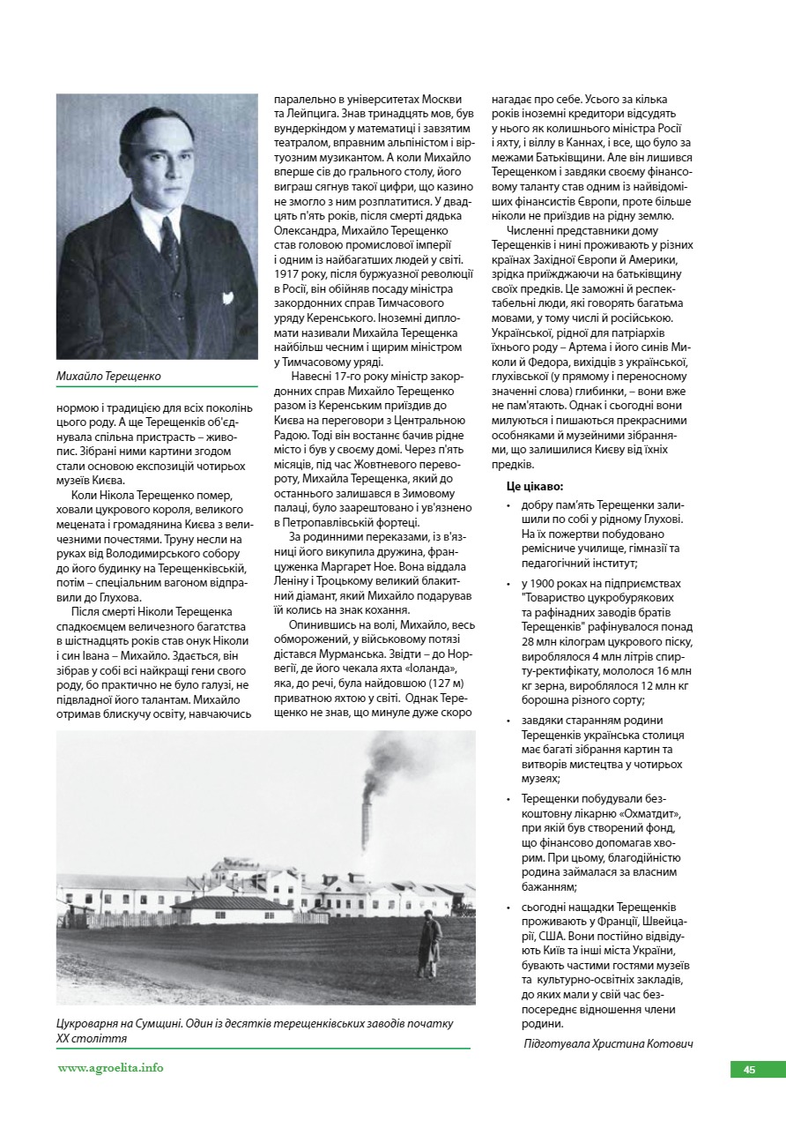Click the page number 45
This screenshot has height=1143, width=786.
[749, 1070]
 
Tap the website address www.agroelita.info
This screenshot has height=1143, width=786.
[110, 1067]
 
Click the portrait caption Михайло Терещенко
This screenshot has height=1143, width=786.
[109, 377]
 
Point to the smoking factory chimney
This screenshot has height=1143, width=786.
[366, 816]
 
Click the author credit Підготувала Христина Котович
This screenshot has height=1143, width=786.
[608, 1043]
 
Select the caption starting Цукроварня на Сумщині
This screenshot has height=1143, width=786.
[255, 1031]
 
